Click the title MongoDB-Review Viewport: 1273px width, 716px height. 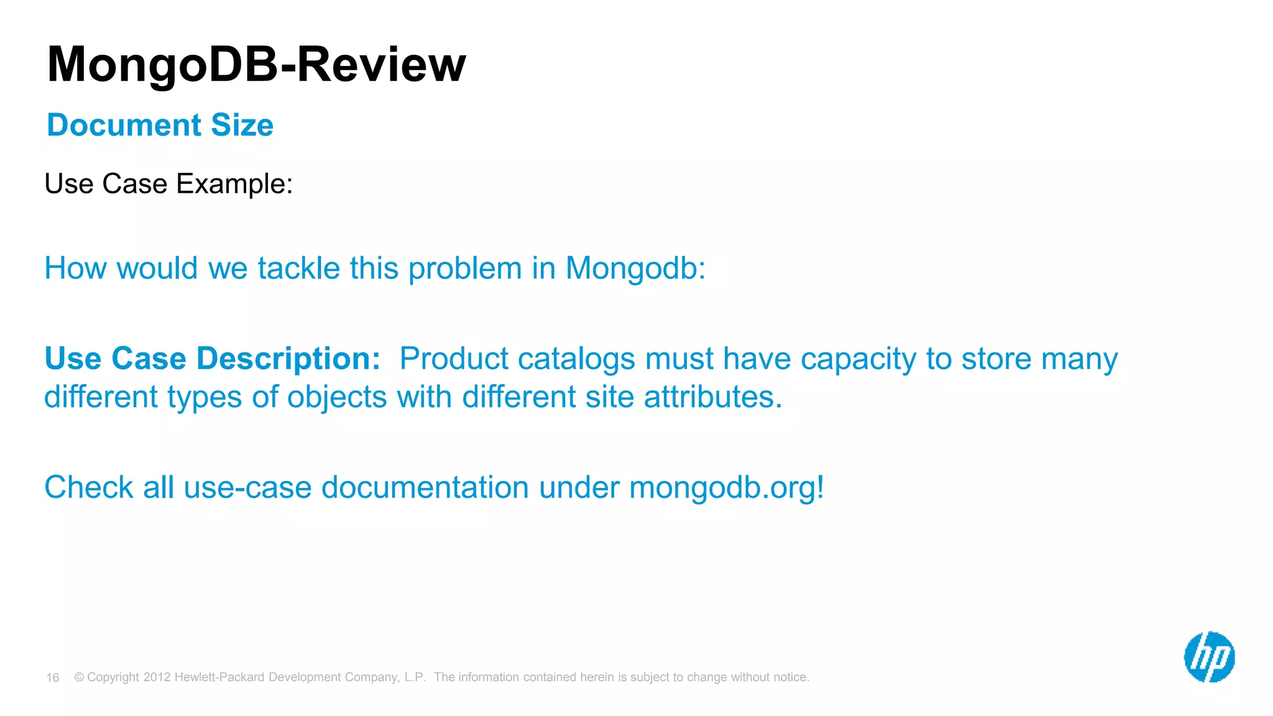coord(256,65)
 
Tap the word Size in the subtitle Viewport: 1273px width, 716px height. coord(242,125)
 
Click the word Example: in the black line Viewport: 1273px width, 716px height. coord(234,184)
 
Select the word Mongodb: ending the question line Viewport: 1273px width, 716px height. coord(635,268)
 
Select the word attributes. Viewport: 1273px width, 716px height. coord(712,397)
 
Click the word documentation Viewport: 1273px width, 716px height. coord(425,487)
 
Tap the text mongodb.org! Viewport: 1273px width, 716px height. coord(727,488)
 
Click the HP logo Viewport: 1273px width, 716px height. coord(1209,657)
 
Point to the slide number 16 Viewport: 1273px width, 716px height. coord(53,677)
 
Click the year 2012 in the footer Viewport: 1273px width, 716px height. coord(157,677)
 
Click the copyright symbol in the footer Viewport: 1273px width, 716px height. coord(79,677)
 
